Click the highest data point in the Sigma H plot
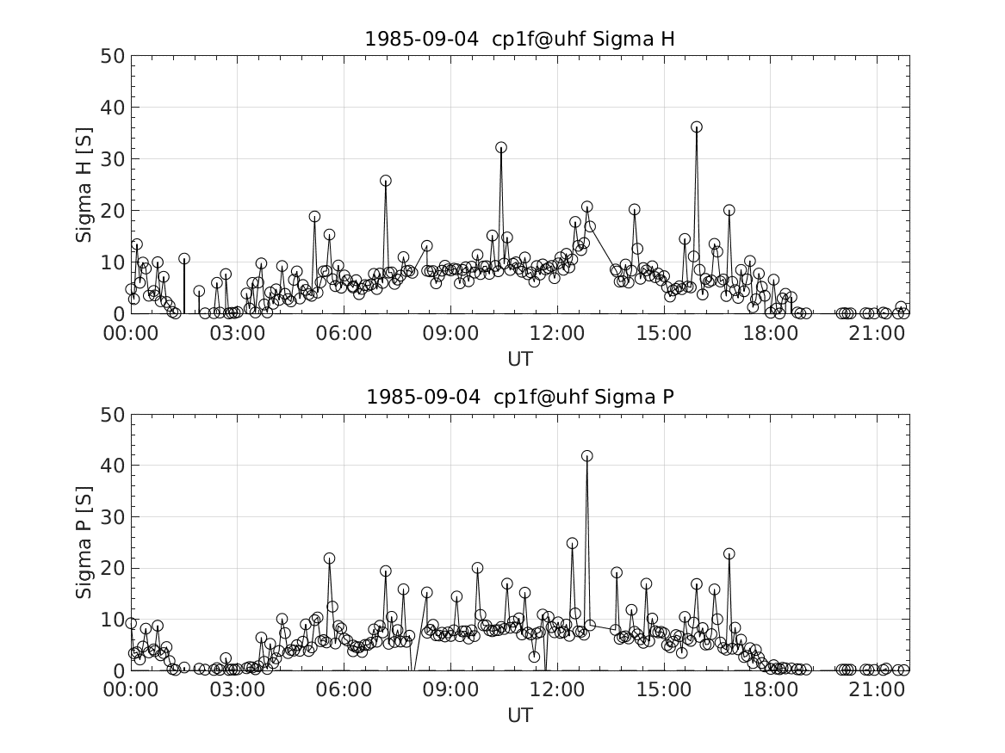(696, 127)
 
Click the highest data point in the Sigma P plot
(587, 456)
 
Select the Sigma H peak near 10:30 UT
(500, 148)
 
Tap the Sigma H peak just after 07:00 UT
(385, 181)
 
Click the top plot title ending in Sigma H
(519, 40)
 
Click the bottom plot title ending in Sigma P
(519, 397)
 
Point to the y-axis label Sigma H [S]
(84, 184)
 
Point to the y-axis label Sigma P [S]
(84, 542)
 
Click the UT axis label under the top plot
(519, 358)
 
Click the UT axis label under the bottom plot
(519, 715)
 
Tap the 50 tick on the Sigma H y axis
(115, 57)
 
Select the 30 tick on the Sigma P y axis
(115, 517)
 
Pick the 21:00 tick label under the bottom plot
(876, 689)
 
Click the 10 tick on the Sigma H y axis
(115, 262)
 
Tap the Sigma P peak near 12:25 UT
(572, 544)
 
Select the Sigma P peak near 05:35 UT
(329, 559)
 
